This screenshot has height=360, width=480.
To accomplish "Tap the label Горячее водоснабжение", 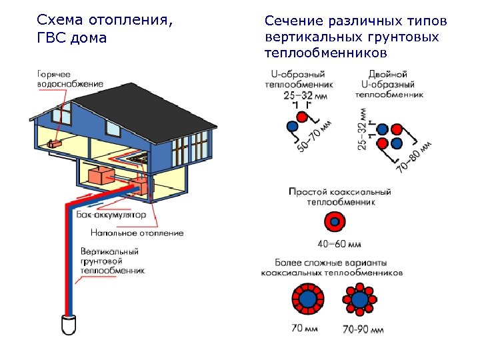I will (70, 79).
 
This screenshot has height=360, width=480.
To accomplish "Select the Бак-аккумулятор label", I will (110, 215).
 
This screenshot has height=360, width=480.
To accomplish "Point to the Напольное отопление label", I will (137, 233).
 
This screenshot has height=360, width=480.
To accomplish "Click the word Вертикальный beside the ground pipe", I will (109, 251).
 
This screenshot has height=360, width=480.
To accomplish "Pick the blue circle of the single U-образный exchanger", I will (292, 126).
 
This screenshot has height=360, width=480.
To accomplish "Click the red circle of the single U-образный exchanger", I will (303, 117).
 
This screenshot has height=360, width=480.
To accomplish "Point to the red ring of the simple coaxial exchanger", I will (331, 222).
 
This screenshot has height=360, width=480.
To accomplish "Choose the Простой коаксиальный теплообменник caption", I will (339, 196).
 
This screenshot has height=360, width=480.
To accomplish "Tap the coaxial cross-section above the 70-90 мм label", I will (361, 300).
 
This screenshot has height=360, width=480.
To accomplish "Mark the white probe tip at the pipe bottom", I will (69, 325).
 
